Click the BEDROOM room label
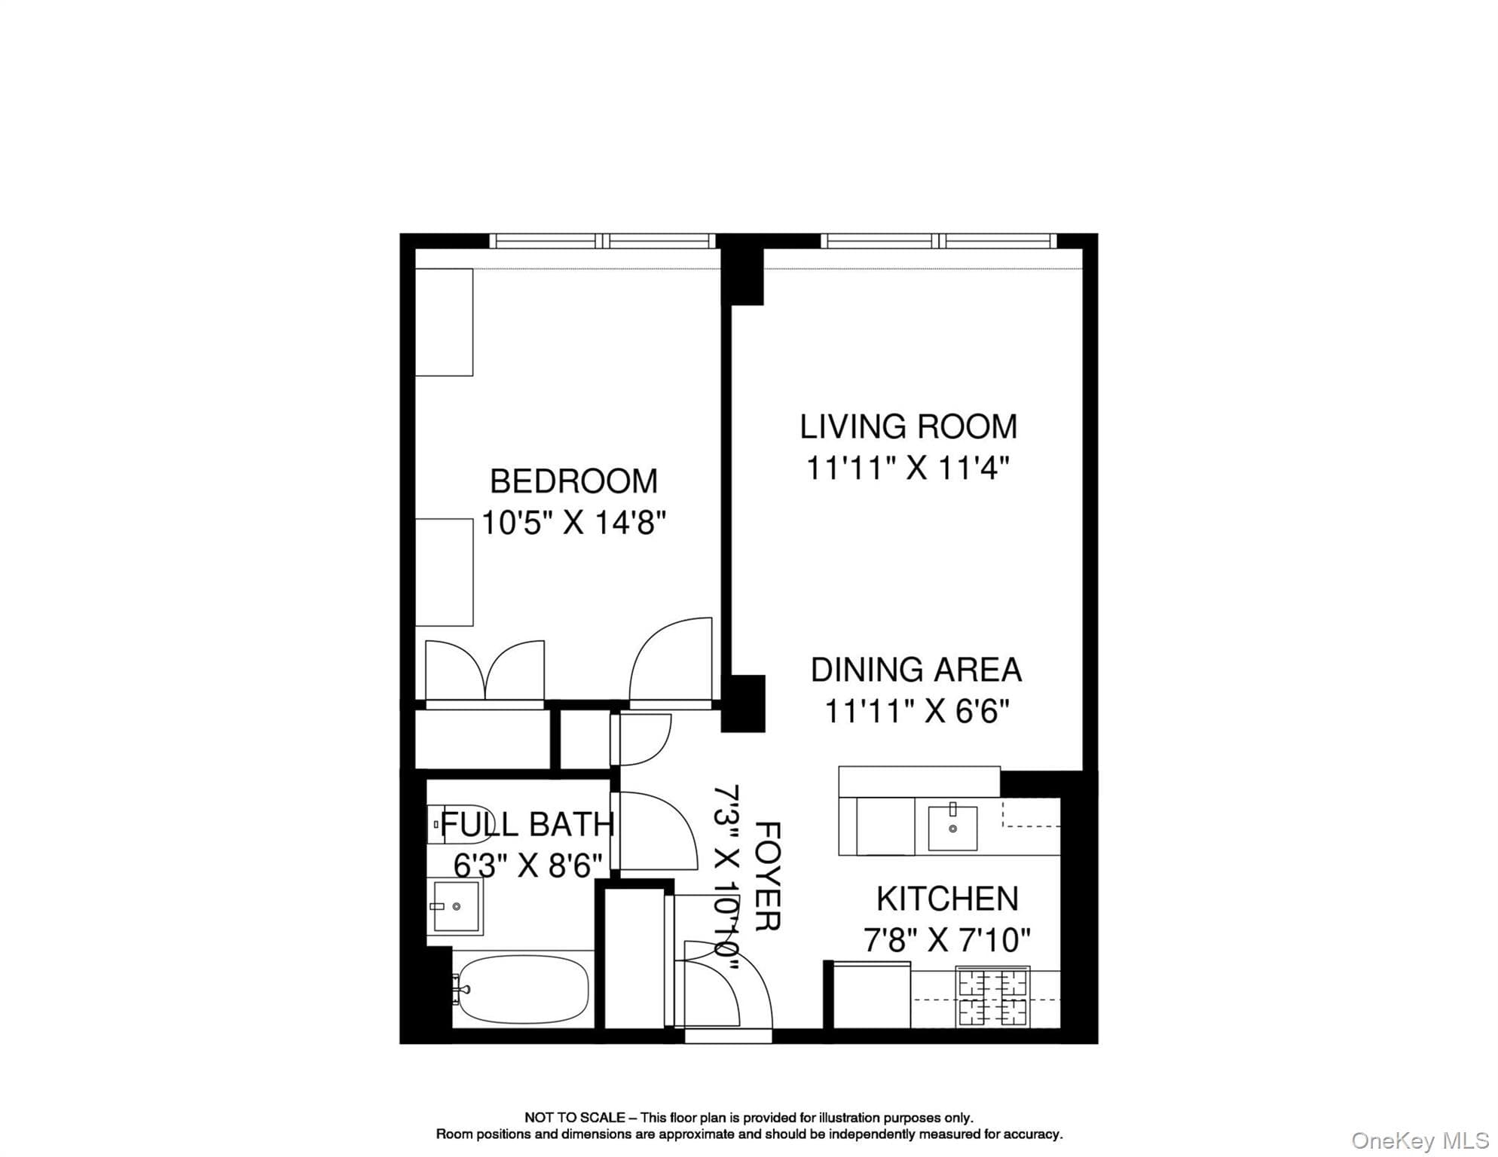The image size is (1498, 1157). click(573, 481)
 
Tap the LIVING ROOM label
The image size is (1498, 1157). click(908, 427)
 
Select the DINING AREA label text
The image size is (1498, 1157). click(916, 670)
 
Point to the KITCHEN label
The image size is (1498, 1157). click(947, 899)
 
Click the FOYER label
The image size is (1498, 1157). click(767, 876)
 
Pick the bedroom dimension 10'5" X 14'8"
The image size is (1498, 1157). click(573, 522)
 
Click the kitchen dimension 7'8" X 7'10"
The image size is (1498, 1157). click(946, 939)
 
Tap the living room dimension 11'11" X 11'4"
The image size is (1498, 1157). click(907, 468)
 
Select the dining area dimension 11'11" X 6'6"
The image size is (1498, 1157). click(916, 711)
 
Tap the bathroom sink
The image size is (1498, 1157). click(455, 906)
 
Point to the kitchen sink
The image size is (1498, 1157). click(952, 827)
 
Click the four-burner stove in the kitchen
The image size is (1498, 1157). click(992, 997)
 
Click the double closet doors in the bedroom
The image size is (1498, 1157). click(485, 670)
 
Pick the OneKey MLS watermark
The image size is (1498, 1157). click(1419, 1140)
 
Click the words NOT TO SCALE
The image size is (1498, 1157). click(574, 1118)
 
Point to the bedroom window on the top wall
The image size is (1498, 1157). click(603, 241)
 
